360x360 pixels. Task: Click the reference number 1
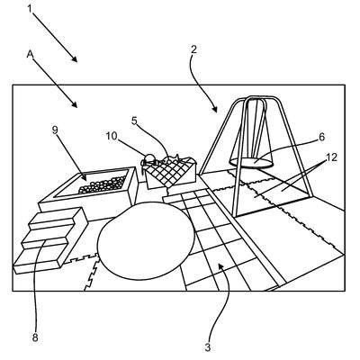point(30,9)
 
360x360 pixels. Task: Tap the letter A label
point(30,54)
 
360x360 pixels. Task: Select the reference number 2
point(193,49)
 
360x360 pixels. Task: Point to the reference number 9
point(55,130)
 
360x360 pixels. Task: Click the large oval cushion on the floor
point(146,241)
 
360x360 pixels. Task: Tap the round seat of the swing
point(251,163)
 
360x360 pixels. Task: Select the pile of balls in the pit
point(103,184)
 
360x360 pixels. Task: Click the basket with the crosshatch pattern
point(170,173)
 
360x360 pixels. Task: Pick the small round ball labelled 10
point(149,157)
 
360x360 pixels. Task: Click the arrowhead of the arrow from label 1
point(75,59)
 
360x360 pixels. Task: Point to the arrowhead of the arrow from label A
point(75,104)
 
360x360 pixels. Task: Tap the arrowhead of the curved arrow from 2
point(214,110)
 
